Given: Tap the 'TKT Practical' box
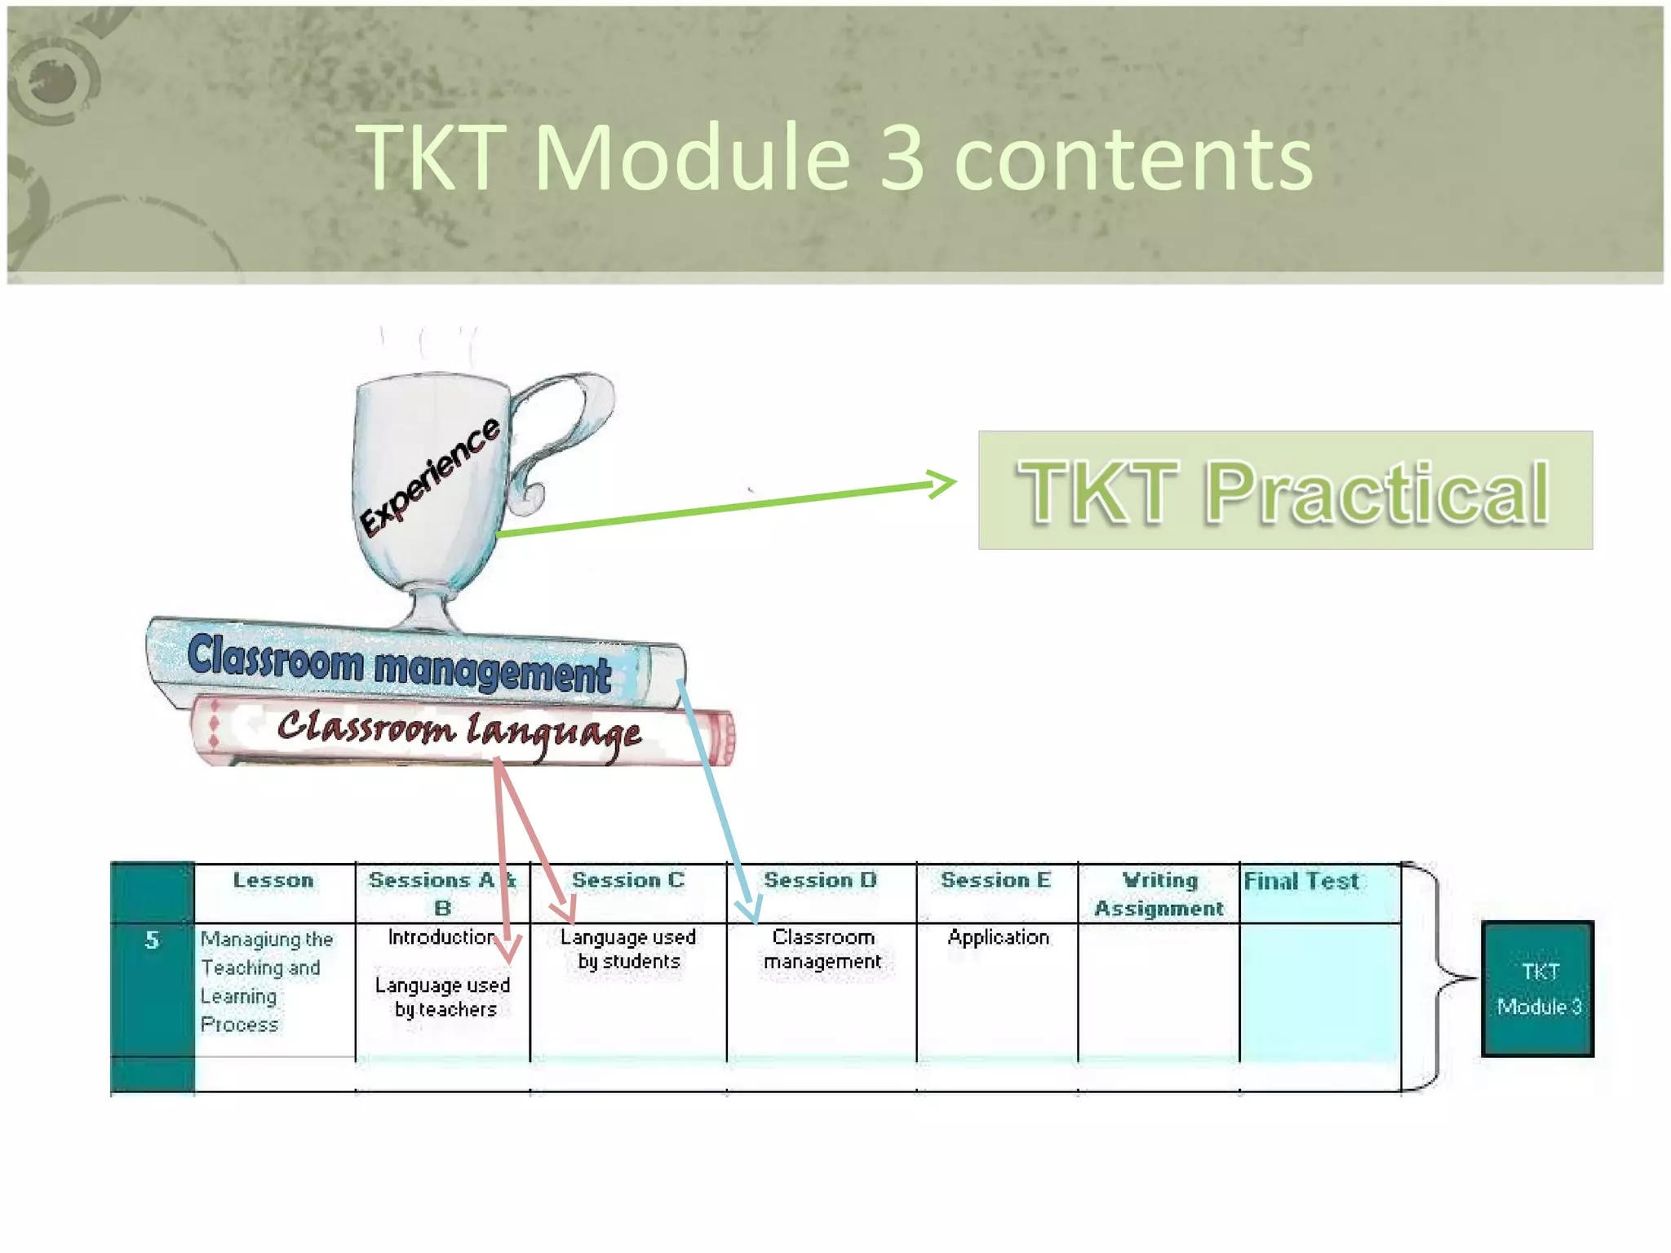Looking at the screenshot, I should click(1284, 490).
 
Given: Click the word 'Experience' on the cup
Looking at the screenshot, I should click(430, 476).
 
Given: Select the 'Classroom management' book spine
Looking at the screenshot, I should click(400, 663).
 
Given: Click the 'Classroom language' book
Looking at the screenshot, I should click(459, 730).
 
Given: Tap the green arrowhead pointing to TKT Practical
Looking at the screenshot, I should click(942, 484).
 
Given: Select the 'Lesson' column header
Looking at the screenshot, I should click(273, 880).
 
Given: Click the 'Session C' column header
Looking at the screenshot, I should click(627, 880).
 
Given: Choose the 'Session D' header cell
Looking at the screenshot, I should click(820, 880).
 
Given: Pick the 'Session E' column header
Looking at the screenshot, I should click(995, 880).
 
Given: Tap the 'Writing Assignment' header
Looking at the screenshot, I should click(1159, 894).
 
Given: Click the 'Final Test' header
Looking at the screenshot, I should click(1301, 881).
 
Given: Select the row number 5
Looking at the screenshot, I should click(152, 940).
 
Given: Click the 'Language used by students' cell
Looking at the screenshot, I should click(627, 949).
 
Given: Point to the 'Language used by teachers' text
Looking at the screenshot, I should click(443, 997).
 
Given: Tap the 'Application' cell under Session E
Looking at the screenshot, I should click(998, 937).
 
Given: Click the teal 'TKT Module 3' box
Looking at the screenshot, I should click(1537, 989).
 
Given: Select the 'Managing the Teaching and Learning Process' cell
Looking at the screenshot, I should click(266, 981).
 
